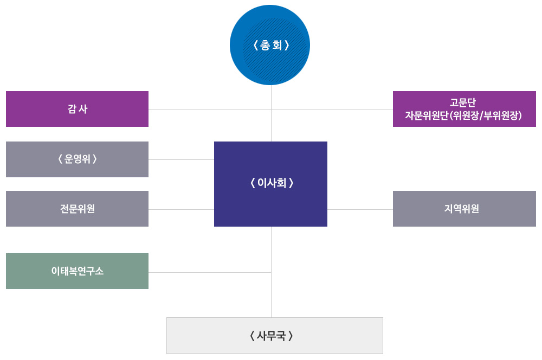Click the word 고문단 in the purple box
(x=462, y=102)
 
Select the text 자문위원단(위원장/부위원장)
(x=463, y=115)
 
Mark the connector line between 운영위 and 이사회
(x=181, y=159)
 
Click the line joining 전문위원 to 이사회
(x=181, y=209)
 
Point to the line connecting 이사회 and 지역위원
(x=360, y=209)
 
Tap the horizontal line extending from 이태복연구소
(x=209, y=272)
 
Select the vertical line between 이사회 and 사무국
(x=271, y=293)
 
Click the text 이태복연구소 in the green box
(x=77, y=271)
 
